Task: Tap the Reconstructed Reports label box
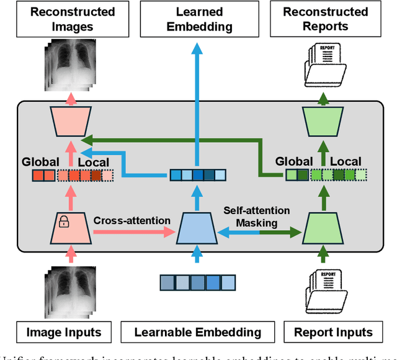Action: [326, 19]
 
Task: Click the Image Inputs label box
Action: [64, 331]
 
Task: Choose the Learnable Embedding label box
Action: [198, 331]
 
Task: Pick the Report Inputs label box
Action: [332, 331]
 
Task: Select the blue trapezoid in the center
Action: [197, 227]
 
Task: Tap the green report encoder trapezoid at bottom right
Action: [321, 227]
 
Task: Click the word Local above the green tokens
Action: [346, 162]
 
